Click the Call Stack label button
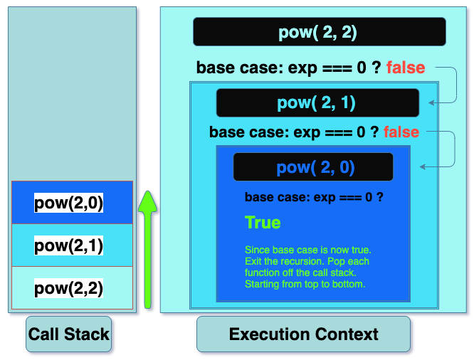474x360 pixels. pyautogui.click(x=68, y=334)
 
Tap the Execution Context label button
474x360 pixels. pyautogui.click(x=303, y=334)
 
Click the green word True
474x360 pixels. pyautogui.click(x=263, y=223)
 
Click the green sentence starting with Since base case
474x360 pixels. pyautogui.click(x=308, y=250)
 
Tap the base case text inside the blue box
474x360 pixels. pyautogui.click(x=314, y=197)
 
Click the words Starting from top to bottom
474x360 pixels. pyautogui.click(x=305, y=284)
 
